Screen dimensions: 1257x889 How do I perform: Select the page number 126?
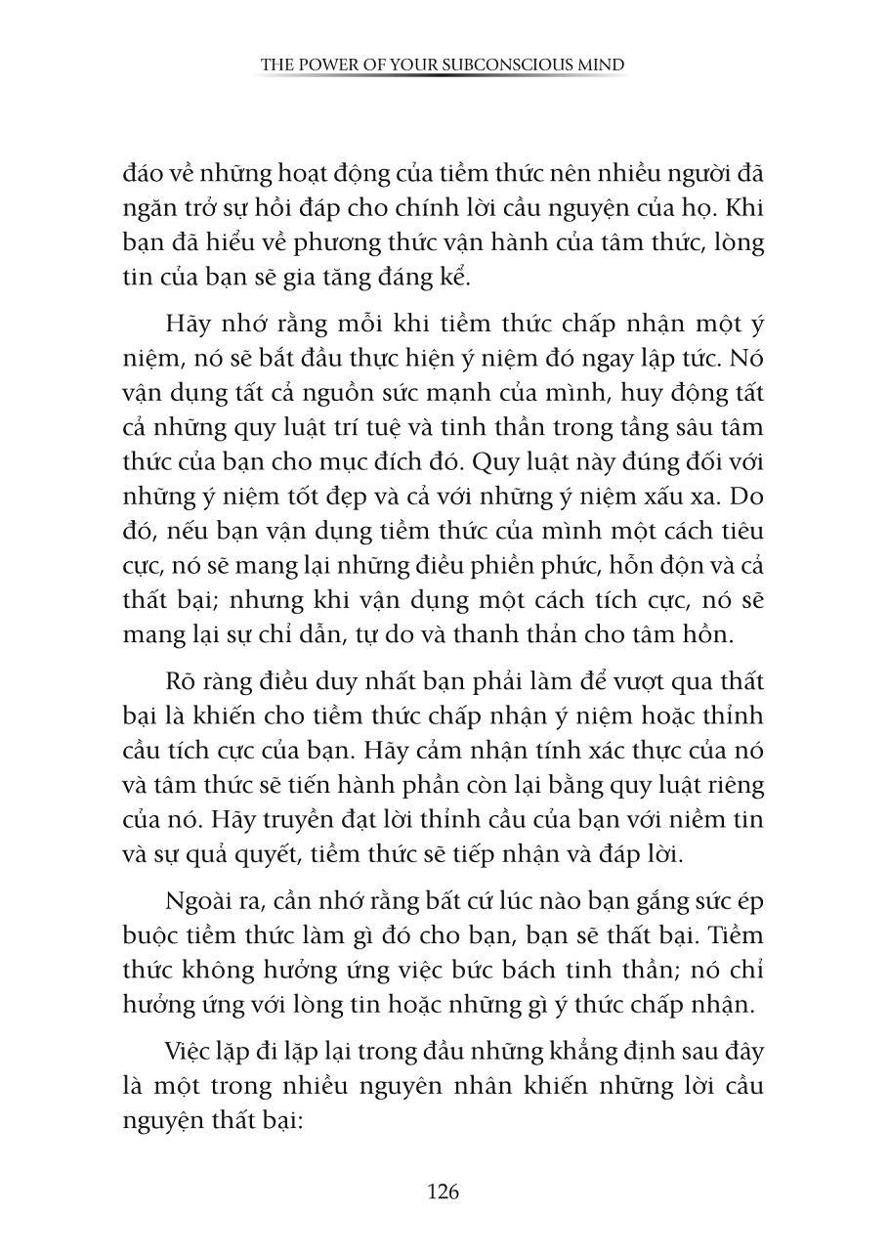(x=444, y=1192)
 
